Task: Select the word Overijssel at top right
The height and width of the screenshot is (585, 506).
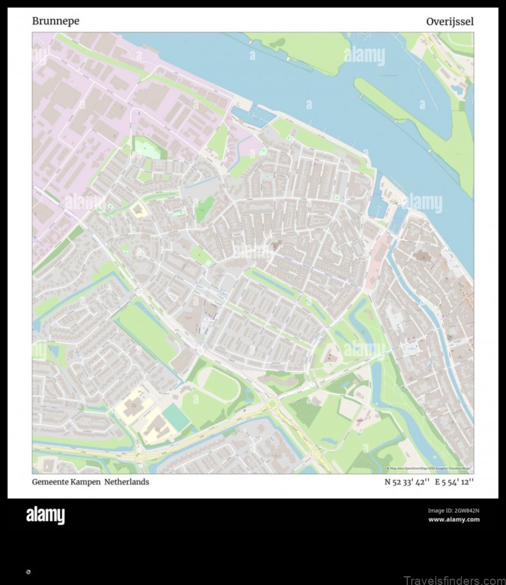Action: pyautogui.click(x=450, y=22)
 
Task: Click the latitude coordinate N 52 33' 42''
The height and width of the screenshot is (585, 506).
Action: pyautogui.click(x=407, y=482)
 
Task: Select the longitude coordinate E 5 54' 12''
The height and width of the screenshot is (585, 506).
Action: pyautogui.click(x=454, y=482)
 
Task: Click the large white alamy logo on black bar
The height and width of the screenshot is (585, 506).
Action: pyautogui.click(x=45, y=515)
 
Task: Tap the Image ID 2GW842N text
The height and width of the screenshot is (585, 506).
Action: pyautogui.click(x=454, y=510)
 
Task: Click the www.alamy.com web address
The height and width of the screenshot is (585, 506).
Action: pyautogui.click(x=454, y=520)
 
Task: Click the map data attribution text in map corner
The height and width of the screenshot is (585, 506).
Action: pyautogui.click(x=430, y=469)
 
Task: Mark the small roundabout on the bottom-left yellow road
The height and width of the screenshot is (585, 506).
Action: pyautogui.click(x=139, y=455)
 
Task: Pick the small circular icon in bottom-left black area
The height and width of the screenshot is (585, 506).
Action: pyautogui.click(x=28, y=572)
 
